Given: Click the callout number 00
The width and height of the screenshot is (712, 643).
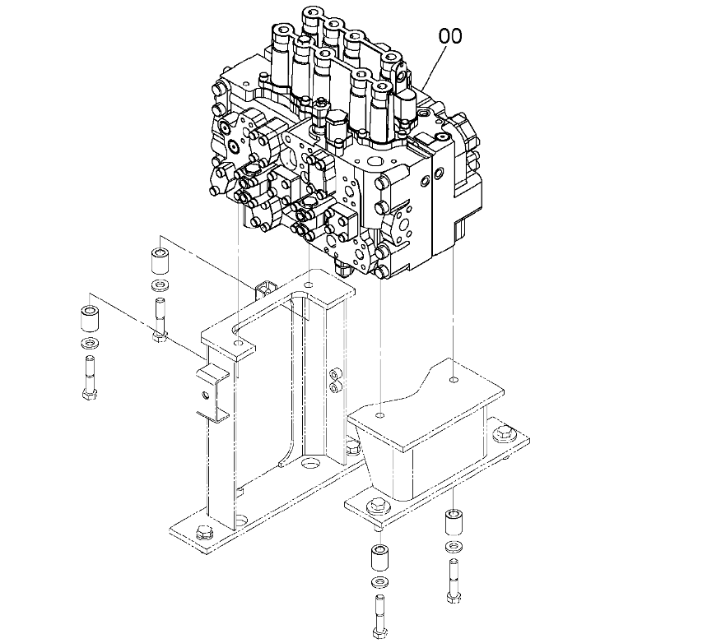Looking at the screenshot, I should click(x=450, y=36).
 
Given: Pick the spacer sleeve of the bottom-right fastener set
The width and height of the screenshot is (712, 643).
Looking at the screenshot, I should click(x=453, y=523).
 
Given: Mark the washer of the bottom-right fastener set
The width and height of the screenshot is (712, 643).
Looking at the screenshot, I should click(x=453, y=547).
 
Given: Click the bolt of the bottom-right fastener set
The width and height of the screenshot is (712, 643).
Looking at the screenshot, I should click(x=453, y=580).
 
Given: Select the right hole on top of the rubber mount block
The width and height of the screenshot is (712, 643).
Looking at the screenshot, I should click(x=454, y=381).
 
